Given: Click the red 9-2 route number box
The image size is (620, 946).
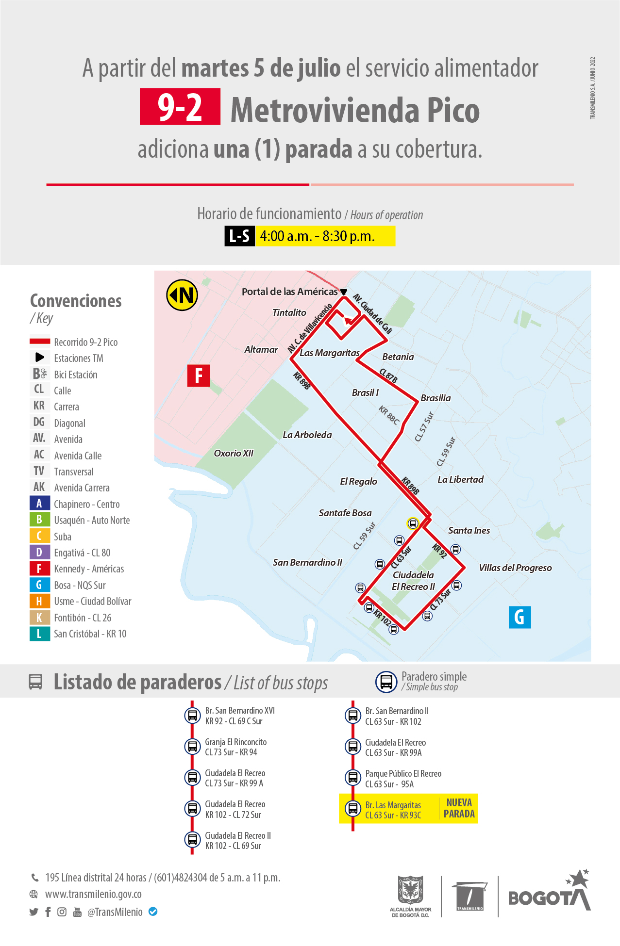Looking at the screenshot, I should point(180,107).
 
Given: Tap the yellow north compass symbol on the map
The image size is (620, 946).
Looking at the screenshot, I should point(182,295).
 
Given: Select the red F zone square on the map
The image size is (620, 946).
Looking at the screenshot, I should point(199,375).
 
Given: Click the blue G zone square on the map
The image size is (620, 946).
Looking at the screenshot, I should point(519,617).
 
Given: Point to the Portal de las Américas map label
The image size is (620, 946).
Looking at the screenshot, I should point(289,292).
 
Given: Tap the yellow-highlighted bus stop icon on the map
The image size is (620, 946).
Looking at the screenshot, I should point(413,523).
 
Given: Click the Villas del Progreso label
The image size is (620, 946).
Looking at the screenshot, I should point(515,568).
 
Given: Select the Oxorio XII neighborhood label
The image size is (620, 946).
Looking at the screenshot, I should point(234,453).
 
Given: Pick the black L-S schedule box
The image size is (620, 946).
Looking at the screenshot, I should point(239,236).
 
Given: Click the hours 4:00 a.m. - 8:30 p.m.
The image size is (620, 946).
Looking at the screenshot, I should point(317,236).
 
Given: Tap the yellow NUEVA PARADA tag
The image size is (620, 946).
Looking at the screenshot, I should point(459,808).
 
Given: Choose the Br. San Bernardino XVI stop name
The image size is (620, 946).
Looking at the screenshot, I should point(240,710).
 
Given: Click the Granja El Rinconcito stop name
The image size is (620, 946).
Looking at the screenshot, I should point(235,742).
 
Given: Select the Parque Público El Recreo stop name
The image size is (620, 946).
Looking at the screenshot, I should point(403,773).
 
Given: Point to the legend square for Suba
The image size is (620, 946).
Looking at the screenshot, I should point(39,536).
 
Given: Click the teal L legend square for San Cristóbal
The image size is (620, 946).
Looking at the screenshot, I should point(39,634).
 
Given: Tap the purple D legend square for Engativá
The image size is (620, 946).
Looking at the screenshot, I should point(39,552).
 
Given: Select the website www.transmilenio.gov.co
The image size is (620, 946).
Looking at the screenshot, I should point(93,894).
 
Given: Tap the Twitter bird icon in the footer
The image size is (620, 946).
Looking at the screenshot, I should point(34,912).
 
